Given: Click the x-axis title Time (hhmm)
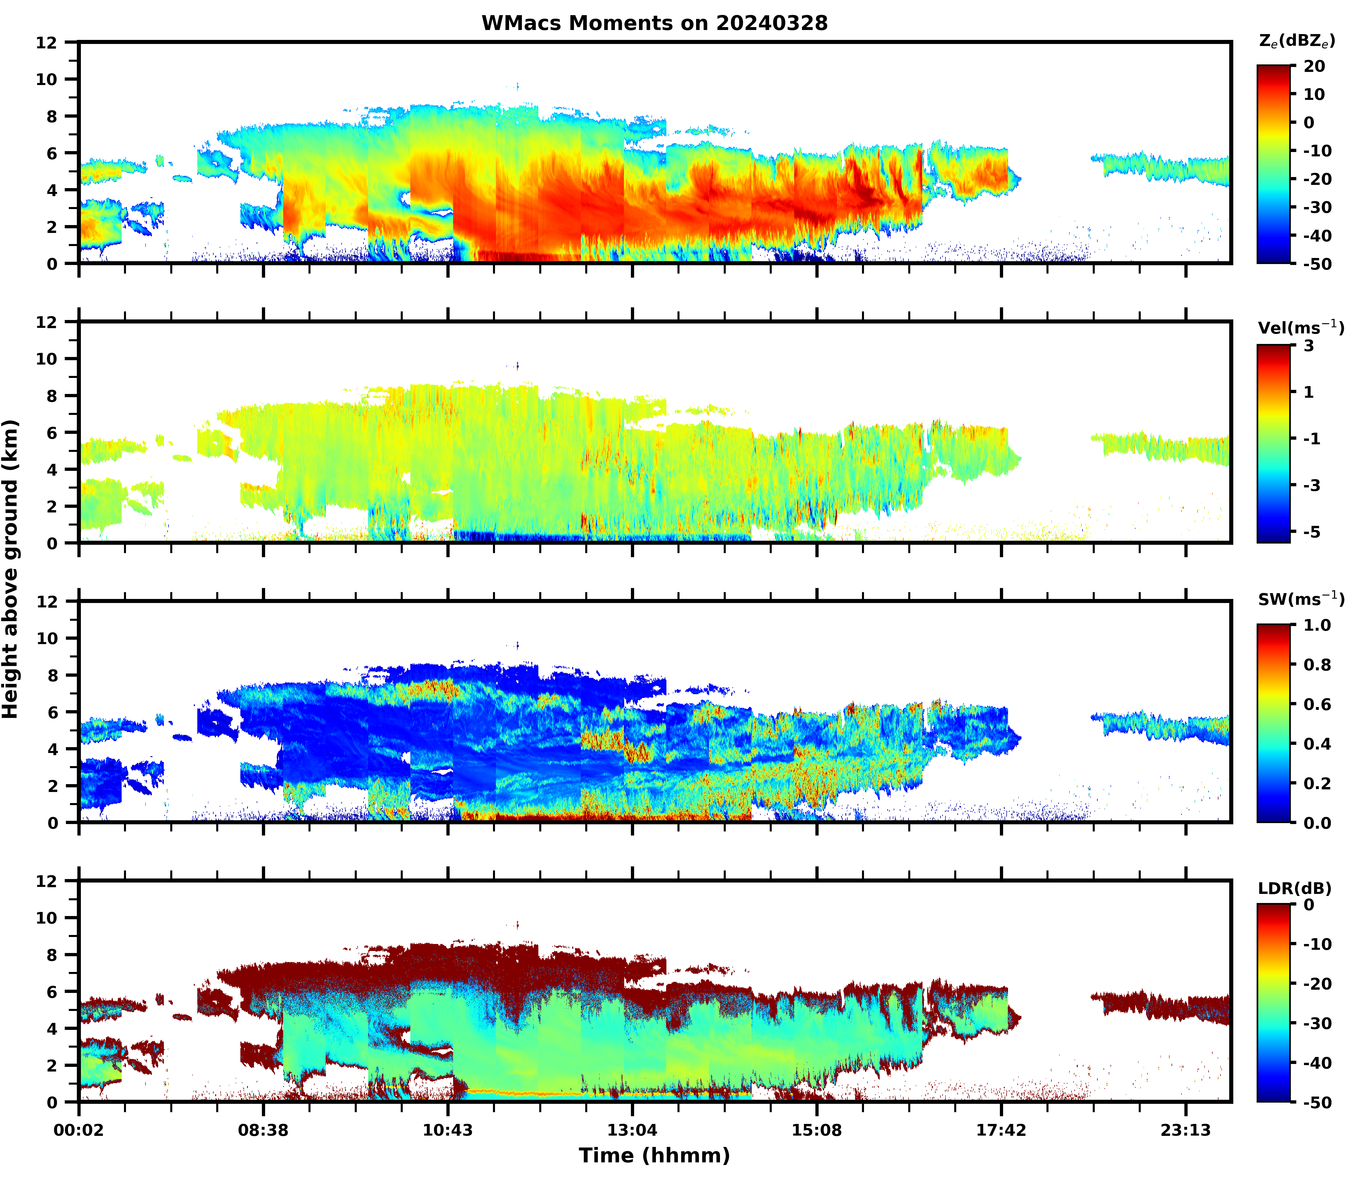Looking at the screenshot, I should point(654,1155).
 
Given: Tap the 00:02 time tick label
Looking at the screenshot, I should point(79,1131).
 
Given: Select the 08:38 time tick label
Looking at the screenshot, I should point(263,1131).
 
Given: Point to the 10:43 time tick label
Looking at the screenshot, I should point(448,1131).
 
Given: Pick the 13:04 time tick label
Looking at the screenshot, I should point(632,1131).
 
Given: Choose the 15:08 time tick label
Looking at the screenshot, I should point(817,1131).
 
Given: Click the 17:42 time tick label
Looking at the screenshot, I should point(1001,1131).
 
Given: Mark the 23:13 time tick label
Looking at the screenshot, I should point(1186,1131).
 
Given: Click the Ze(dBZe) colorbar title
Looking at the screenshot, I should point(1296,41).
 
